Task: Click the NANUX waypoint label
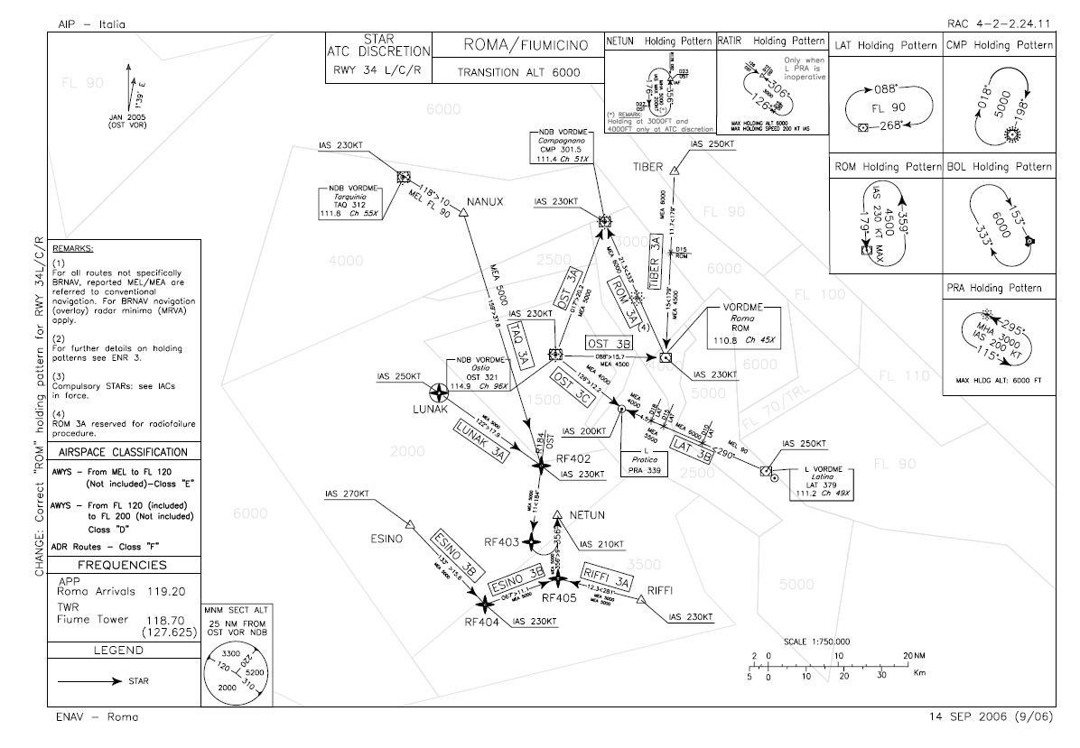(x=485, y=200)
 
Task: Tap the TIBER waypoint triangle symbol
(x=675, y=169)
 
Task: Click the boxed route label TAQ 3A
(x=522, y=344)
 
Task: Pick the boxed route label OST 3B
(x=610, y=343)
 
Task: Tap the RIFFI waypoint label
(x=662, y=590)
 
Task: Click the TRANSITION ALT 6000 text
(x=517, y=72)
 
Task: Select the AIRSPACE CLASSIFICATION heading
(x=123, y=452)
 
